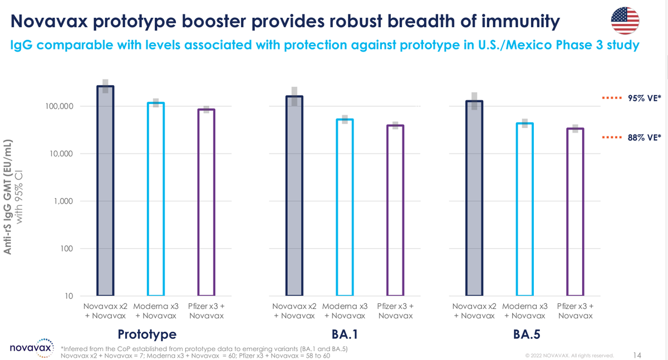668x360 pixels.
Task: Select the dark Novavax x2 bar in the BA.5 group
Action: pyautogui.click(x=474, y=198)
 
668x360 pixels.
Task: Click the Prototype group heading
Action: pyautogui.click(x=147, y=334)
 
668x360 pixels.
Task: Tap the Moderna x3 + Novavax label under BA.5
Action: pyautogui.click(x=524, y=311)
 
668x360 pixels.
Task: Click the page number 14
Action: pyautogui.click(x=637, y=354)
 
